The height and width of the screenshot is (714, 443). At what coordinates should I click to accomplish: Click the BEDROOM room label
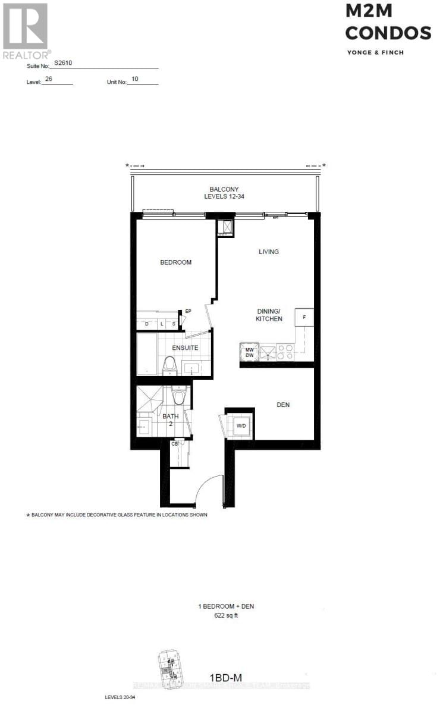pos(175,262)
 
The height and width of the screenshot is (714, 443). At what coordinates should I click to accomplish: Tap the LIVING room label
pos(269,252)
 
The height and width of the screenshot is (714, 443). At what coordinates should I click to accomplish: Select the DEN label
pos(283,405)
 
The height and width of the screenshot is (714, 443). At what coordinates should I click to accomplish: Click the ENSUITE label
pos(185,348)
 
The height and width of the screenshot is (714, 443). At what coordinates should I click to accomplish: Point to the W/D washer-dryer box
pos(241,426)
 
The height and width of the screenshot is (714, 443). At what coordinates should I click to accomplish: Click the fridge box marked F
pos(304,318)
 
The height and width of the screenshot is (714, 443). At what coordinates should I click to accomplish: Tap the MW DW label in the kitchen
pos(250,352)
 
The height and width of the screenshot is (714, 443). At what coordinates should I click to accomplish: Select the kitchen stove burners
pos(284,353)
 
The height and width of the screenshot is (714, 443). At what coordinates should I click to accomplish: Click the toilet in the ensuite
pos(169,365)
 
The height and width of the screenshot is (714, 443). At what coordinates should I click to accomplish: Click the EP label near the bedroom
pos(188,311)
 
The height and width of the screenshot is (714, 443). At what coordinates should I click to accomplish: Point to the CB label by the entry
pos(175,443)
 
